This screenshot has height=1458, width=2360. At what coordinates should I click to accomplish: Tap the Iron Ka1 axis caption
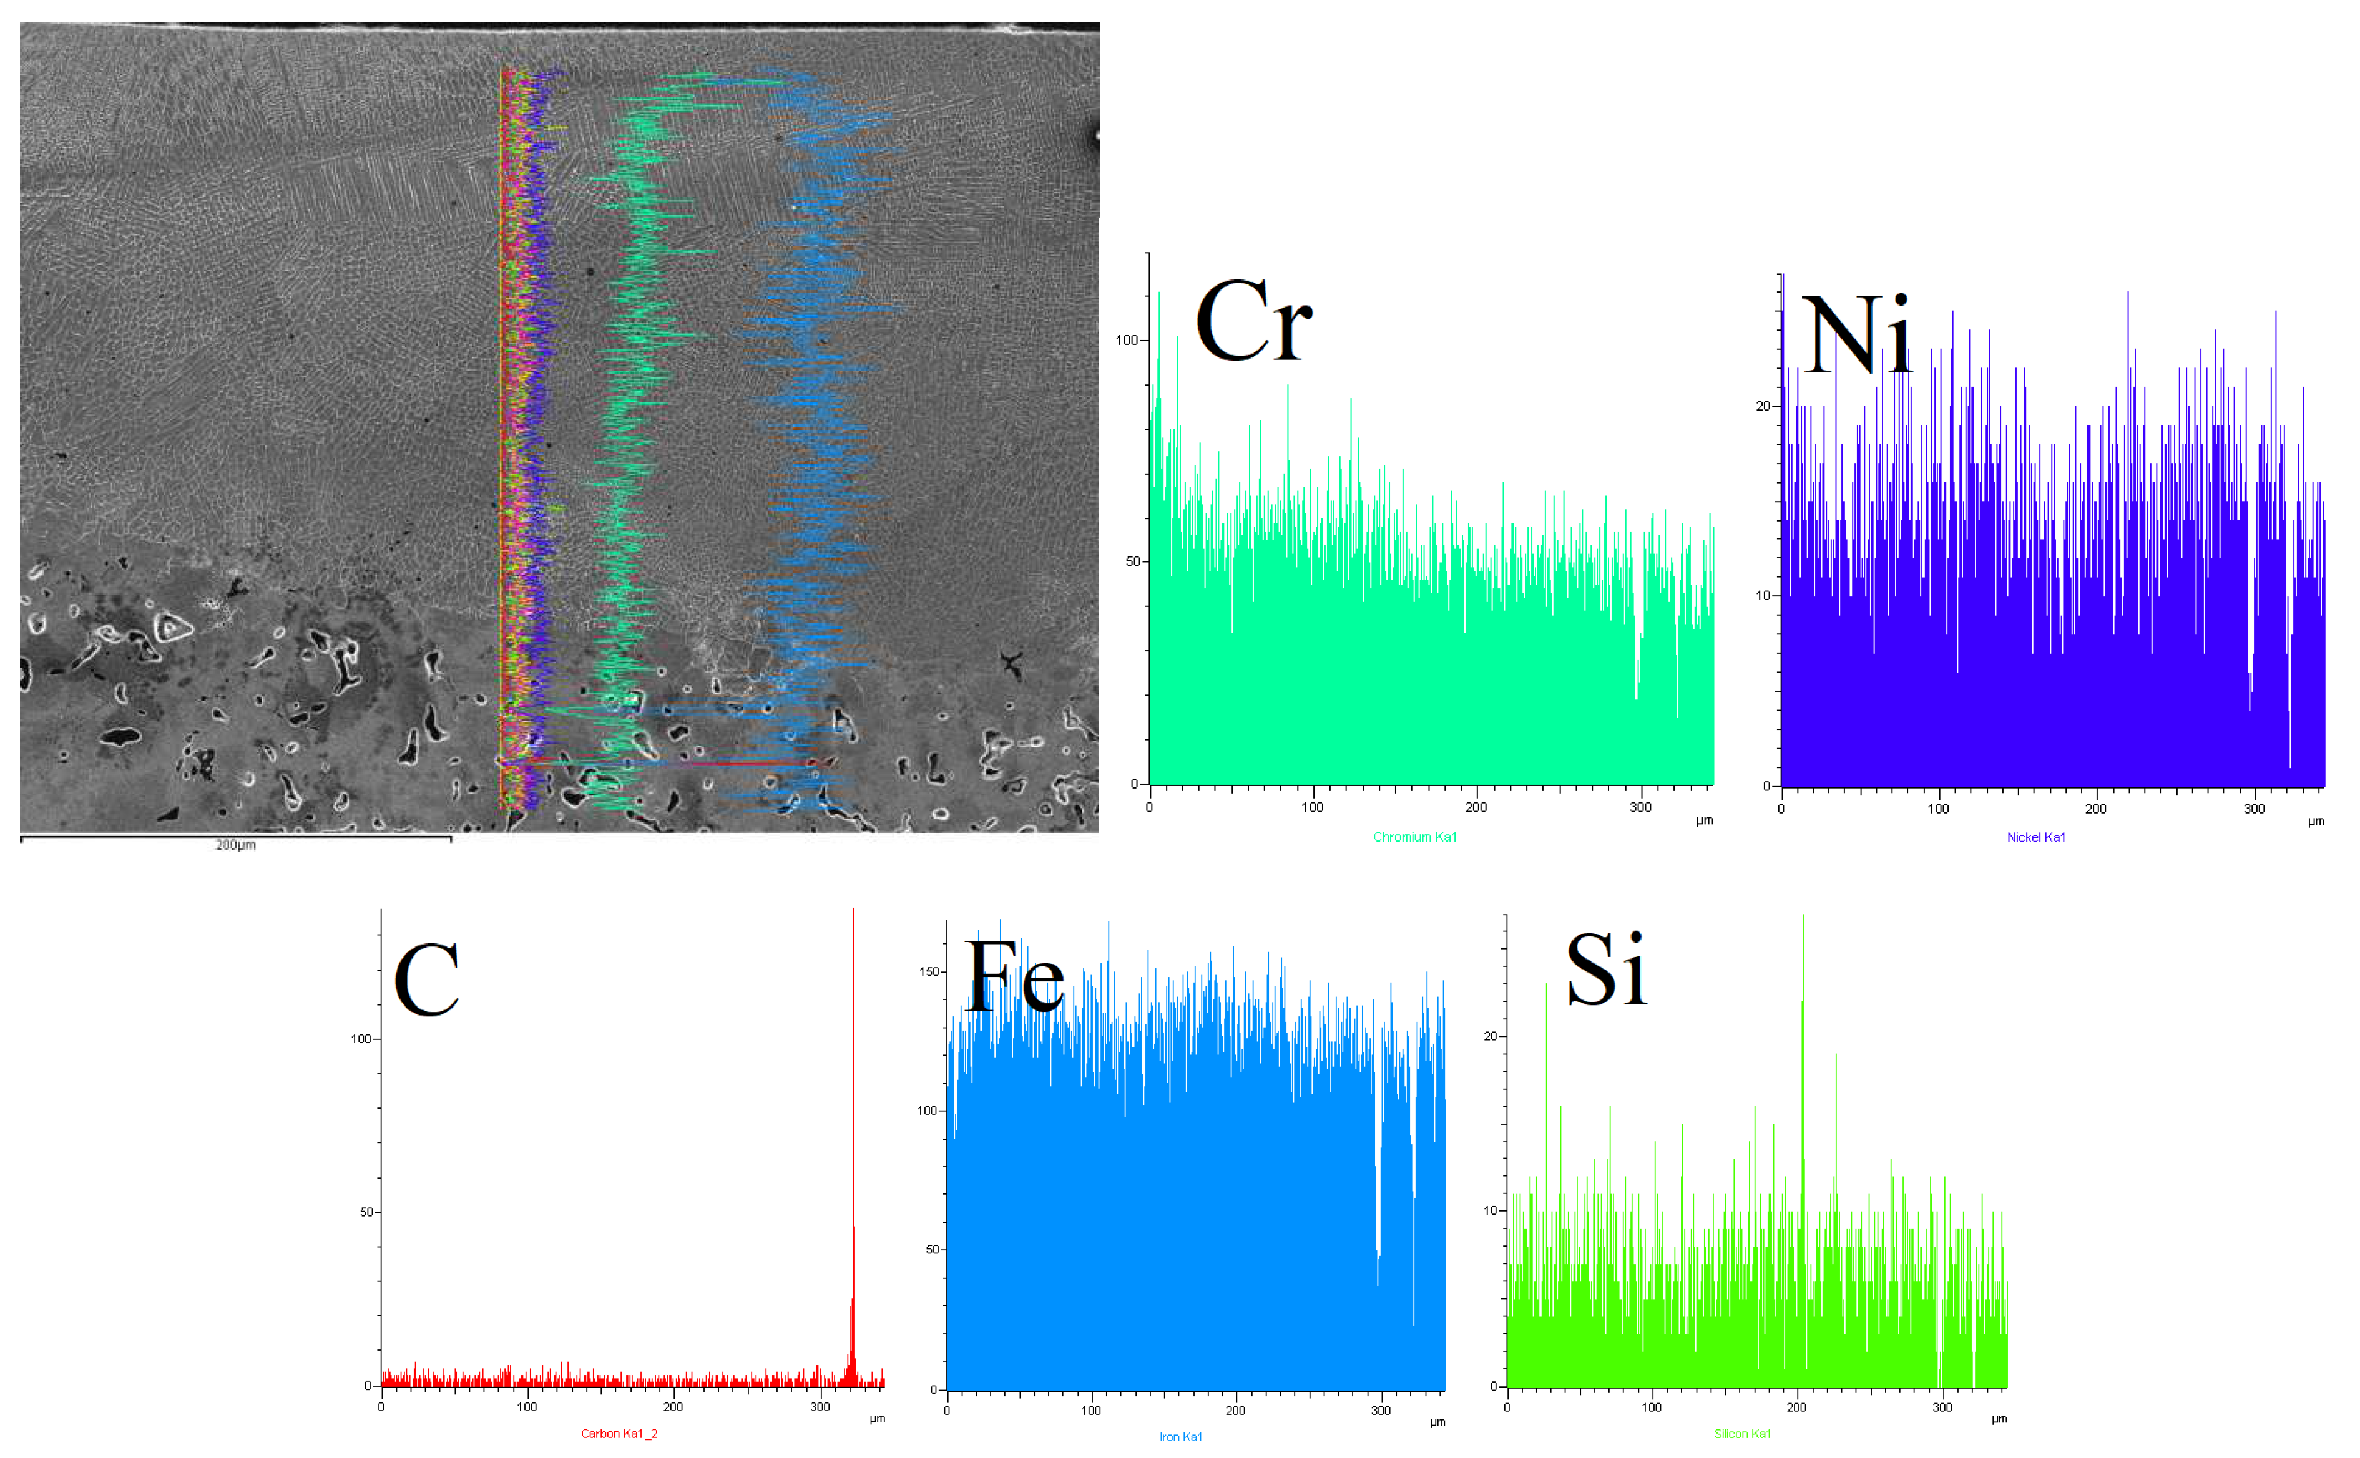[1180, 1437]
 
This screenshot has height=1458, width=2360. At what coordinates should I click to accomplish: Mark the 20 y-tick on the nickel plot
[1763, 406]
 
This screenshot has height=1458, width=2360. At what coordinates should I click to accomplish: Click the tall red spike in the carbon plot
[853, 1061]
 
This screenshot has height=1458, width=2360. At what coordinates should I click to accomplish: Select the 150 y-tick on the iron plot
[929, 972]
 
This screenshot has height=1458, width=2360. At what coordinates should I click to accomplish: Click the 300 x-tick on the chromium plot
[1640, 807]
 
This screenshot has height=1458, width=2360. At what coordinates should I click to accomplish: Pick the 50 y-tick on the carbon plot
[366, 1212]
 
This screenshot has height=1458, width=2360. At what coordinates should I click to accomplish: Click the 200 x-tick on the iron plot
[1235, 1411]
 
